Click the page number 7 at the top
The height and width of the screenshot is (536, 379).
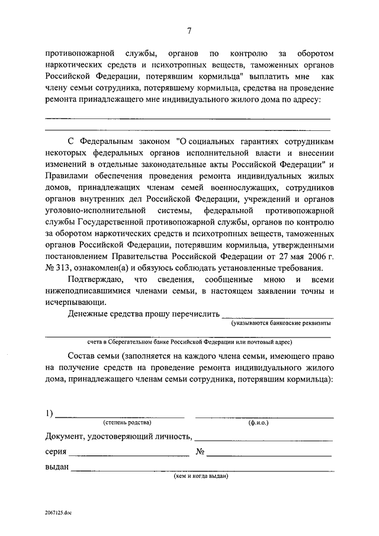[188, 31]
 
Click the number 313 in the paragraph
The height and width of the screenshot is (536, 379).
[64, 267]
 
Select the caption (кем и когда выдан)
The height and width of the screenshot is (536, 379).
[201, 476]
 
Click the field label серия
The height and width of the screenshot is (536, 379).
[55, 452]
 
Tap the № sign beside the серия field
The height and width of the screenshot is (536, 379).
[200, 452]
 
